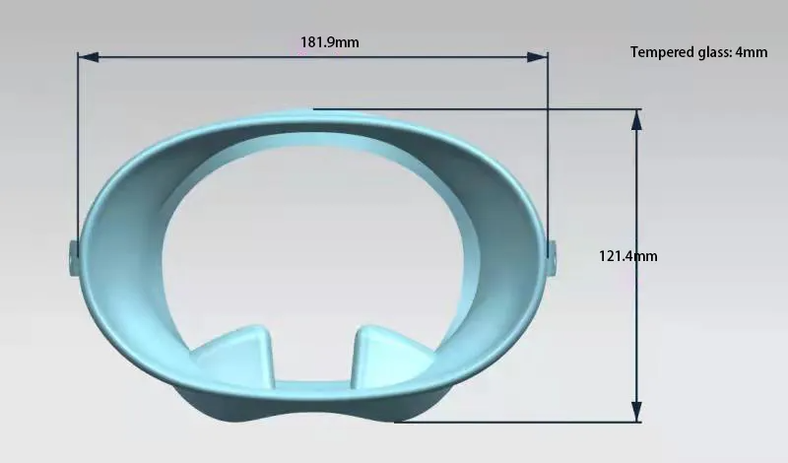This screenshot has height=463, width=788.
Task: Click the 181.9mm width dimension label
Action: pyautogui.click(x=330, y=42)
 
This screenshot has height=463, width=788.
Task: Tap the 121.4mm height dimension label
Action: pyautogui.click(x=627, y=256)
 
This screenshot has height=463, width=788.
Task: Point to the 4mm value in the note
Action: pyautogui.click(x=752, y=52)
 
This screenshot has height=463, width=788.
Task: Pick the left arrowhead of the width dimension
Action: pyautogui.click(x=89, y=57)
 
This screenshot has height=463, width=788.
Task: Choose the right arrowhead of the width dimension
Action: pyautogui.click(x=537, y=57)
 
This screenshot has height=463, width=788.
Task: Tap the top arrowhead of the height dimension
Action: pyautogui.click(x=636, y=120)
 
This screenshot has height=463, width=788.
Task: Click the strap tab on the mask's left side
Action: pyautogui.click(x=73, y=258)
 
